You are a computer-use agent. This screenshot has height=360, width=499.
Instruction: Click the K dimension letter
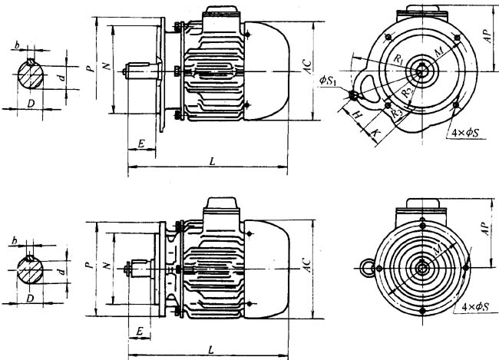374,134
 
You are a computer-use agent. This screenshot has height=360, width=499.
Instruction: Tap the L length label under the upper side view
210,160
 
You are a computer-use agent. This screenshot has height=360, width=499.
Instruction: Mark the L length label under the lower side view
210,350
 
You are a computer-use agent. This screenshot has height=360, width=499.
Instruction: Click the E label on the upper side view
142,144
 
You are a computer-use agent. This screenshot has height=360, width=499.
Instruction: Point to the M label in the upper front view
438,51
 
